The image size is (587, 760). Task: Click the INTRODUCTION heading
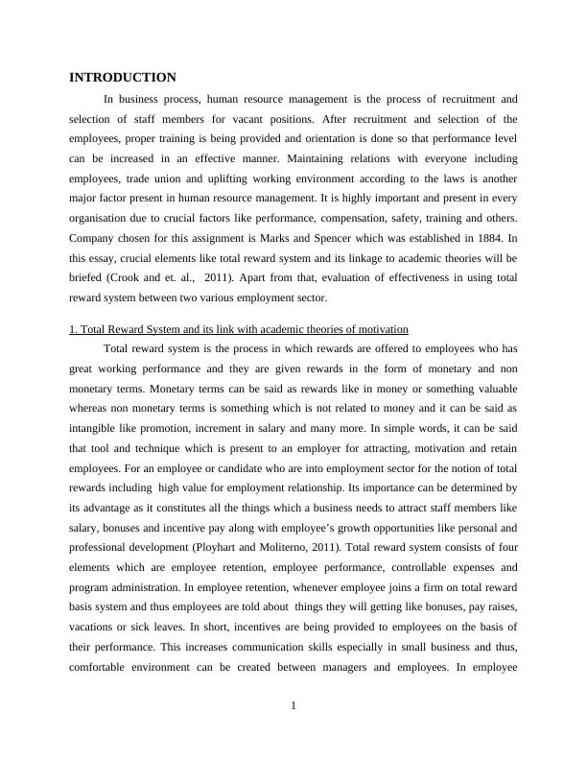click(123, 78)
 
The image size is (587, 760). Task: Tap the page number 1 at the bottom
click(293, 707)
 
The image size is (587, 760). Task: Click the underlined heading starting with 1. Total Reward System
click(239, 329)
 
